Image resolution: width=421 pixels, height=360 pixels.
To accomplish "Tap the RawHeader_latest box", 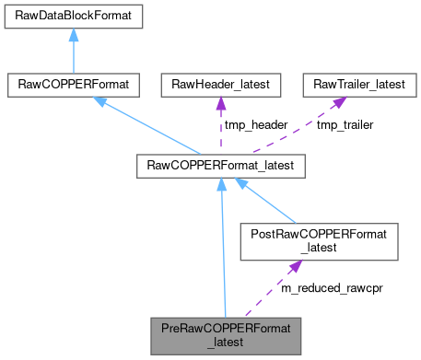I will (221, 86).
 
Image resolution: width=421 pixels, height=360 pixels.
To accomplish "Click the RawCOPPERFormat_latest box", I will (221, 167).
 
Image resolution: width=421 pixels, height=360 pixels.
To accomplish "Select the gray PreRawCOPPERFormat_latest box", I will (226, 333).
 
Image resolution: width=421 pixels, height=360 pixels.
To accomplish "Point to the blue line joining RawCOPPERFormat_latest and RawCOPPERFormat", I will (152, 129).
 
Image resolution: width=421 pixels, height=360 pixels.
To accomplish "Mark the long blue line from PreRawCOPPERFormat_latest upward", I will (223, 249).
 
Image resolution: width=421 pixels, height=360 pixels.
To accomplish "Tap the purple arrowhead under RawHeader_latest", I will (221, 103).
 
